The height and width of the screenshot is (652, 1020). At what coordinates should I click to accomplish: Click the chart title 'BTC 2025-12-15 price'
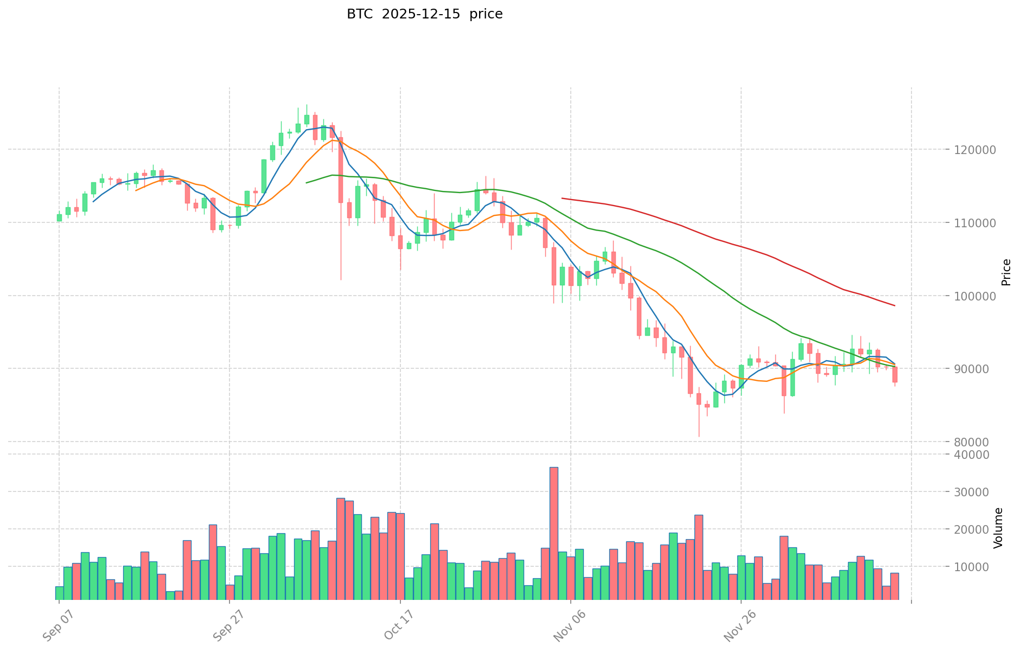pos(424,14)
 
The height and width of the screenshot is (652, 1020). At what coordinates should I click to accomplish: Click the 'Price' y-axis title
pos(1006,272)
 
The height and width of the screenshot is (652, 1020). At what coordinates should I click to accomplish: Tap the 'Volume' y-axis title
pos(998,528)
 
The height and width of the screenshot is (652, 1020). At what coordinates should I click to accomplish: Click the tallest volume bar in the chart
pos(553,533)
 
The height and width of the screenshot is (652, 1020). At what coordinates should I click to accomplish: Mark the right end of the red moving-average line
pos(895,306)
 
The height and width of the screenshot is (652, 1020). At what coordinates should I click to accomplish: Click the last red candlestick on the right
pos(895,375)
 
